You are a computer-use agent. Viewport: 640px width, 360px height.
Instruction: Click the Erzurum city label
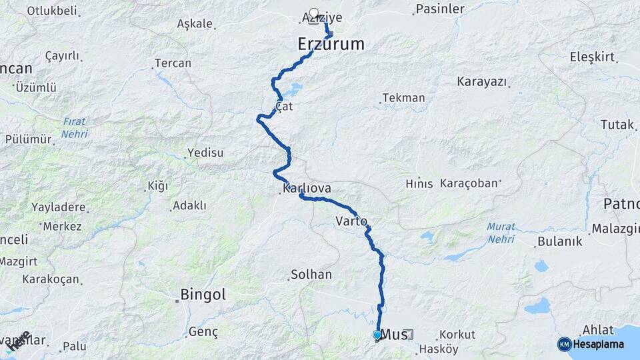pos(331,45)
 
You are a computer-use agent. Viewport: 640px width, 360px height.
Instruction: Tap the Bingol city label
pos(203,295)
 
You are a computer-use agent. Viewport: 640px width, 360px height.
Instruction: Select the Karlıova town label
pos(307,189)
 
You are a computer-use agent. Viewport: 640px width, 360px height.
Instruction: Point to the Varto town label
pos(351,221)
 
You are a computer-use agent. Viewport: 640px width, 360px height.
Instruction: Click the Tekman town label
pos(403,98)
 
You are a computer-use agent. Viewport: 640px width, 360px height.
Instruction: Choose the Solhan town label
pos(311,275)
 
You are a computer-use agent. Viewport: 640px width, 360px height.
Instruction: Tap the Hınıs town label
pos(419,183)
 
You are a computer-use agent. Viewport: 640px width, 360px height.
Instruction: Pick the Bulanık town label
pos(561,241)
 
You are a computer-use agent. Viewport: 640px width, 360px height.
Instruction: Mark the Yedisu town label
pos(205,153)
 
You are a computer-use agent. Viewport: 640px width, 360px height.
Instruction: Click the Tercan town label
pos(173,63)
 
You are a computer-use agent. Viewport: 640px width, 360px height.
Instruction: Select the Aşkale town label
pos(195,24)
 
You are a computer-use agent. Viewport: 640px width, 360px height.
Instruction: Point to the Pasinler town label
pos(439,9)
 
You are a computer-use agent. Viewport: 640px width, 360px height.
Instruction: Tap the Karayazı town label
pos(481,81)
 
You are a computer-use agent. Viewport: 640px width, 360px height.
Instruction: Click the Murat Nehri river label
pos(501,232)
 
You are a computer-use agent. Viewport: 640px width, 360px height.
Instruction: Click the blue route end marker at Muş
pos(377,335)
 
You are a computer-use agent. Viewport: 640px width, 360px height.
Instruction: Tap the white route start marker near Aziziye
pos(313,13)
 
